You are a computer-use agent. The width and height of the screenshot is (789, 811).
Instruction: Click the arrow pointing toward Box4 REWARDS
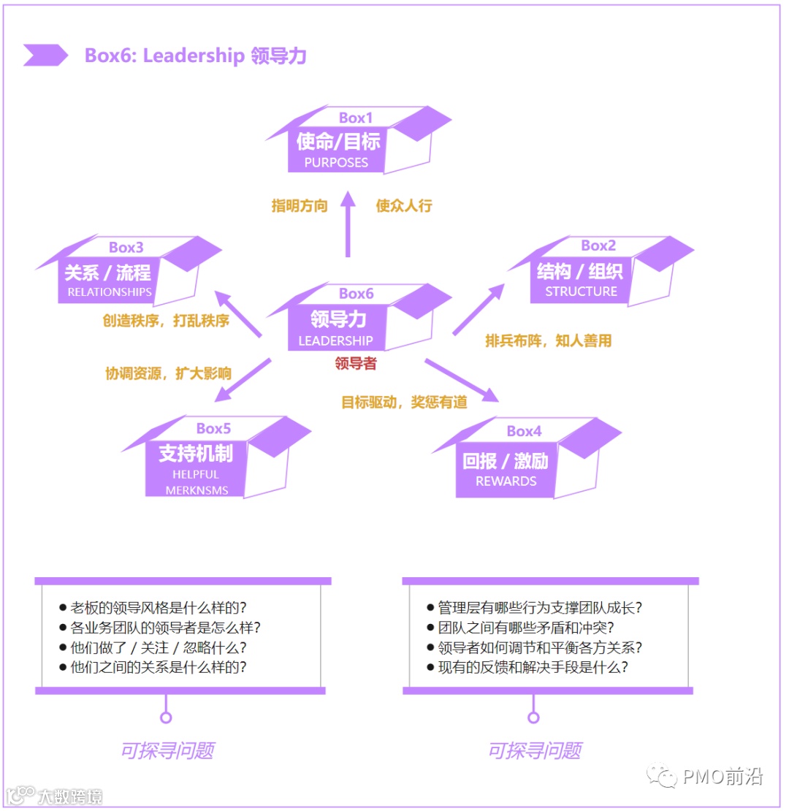462,380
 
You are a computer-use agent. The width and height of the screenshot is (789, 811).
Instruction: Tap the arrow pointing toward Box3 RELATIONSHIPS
237,315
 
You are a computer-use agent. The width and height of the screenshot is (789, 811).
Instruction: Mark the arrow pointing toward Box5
243,381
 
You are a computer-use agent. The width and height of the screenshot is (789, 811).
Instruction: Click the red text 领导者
356,363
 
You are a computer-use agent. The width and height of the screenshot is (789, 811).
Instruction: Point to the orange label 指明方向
300,206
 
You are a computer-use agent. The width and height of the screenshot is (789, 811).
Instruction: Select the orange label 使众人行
404,206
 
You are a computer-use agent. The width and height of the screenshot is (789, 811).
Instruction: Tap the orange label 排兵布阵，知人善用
548,340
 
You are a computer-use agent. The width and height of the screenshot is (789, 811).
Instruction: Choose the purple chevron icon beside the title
45,56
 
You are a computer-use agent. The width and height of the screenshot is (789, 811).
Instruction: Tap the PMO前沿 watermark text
723,776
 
